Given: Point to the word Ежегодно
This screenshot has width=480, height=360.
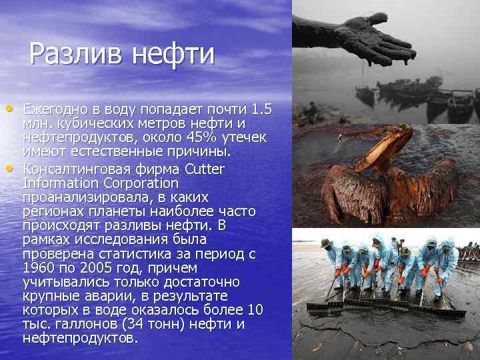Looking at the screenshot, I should [58, 109].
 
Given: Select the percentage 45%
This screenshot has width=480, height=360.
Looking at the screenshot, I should [191, 138].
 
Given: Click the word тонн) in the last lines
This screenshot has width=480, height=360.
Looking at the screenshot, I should [169, 325].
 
